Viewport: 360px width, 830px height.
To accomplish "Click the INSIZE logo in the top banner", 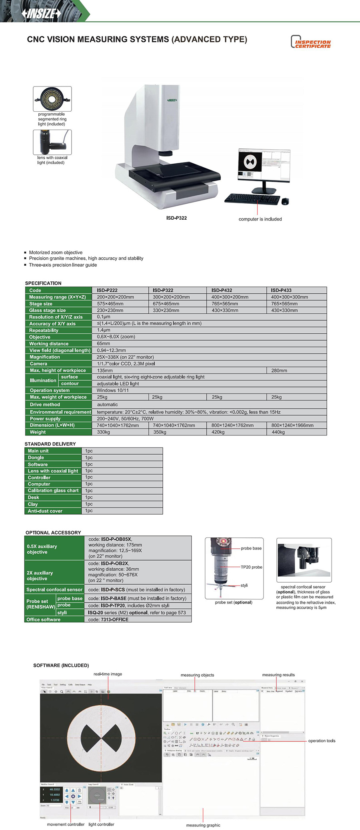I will [x=41, y=14].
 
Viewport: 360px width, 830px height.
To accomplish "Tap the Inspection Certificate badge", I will [x=311, y=42].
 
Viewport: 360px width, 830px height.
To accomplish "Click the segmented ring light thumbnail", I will [x=52, y=99].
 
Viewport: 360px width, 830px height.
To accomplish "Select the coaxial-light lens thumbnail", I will [x=52, y=142].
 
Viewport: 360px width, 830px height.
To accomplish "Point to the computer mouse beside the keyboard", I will [x=285, y=201].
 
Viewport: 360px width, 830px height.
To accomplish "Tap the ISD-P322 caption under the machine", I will [x=176, y=218].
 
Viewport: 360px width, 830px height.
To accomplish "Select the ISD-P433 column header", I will [x=281, y=290].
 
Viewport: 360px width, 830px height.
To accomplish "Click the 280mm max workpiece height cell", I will [x=279, y=371].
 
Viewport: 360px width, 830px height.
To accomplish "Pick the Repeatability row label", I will [x=44, y=331].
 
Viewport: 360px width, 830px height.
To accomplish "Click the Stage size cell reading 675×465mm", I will [x=166, y=304].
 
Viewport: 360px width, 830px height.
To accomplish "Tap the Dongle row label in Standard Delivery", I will [x=36, y=458].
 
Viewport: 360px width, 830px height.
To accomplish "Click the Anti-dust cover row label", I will [x=45, y=511].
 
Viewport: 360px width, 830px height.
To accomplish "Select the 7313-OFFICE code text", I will [x=114, y=619].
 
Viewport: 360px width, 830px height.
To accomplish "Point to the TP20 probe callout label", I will [x=251, y=567].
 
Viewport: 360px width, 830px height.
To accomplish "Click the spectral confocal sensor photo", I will [x=304, y=560].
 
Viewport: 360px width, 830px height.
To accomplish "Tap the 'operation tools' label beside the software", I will [x=322, y=741].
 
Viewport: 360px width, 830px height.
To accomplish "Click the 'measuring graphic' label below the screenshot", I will [x=203, y=825].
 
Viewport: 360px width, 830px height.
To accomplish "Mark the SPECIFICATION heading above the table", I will [x=43, y=283].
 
